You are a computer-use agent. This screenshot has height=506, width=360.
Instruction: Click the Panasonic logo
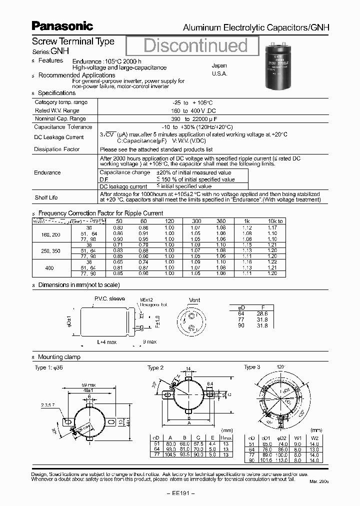[x=62, y=25]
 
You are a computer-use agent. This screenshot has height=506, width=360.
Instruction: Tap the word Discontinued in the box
[x=195, y=45]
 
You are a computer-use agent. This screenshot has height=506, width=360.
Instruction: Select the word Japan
[x=219, y=65]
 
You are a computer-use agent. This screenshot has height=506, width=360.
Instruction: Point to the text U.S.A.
[x=219, y=73]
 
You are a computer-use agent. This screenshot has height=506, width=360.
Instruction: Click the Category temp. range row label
[x=61, y=102]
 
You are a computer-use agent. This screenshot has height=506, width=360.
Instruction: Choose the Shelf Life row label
[x=46, y=197]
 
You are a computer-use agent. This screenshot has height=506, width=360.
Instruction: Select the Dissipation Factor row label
[x=56, y=149]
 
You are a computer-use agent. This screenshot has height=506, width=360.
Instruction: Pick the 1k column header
[x=246, y=221]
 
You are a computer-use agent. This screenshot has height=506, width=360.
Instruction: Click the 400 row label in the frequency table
[x=49, y=268]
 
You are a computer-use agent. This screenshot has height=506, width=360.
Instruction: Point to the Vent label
[x=194, y=300]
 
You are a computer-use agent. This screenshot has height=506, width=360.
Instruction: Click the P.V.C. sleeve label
[x=109, y=298]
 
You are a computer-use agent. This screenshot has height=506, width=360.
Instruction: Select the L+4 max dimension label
[x=106, y=341]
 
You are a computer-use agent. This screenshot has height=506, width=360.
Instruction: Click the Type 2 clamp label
[x=155, y=368]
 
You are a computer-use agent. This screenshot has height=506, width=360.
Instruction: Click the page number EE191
[x=179, y=493]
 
